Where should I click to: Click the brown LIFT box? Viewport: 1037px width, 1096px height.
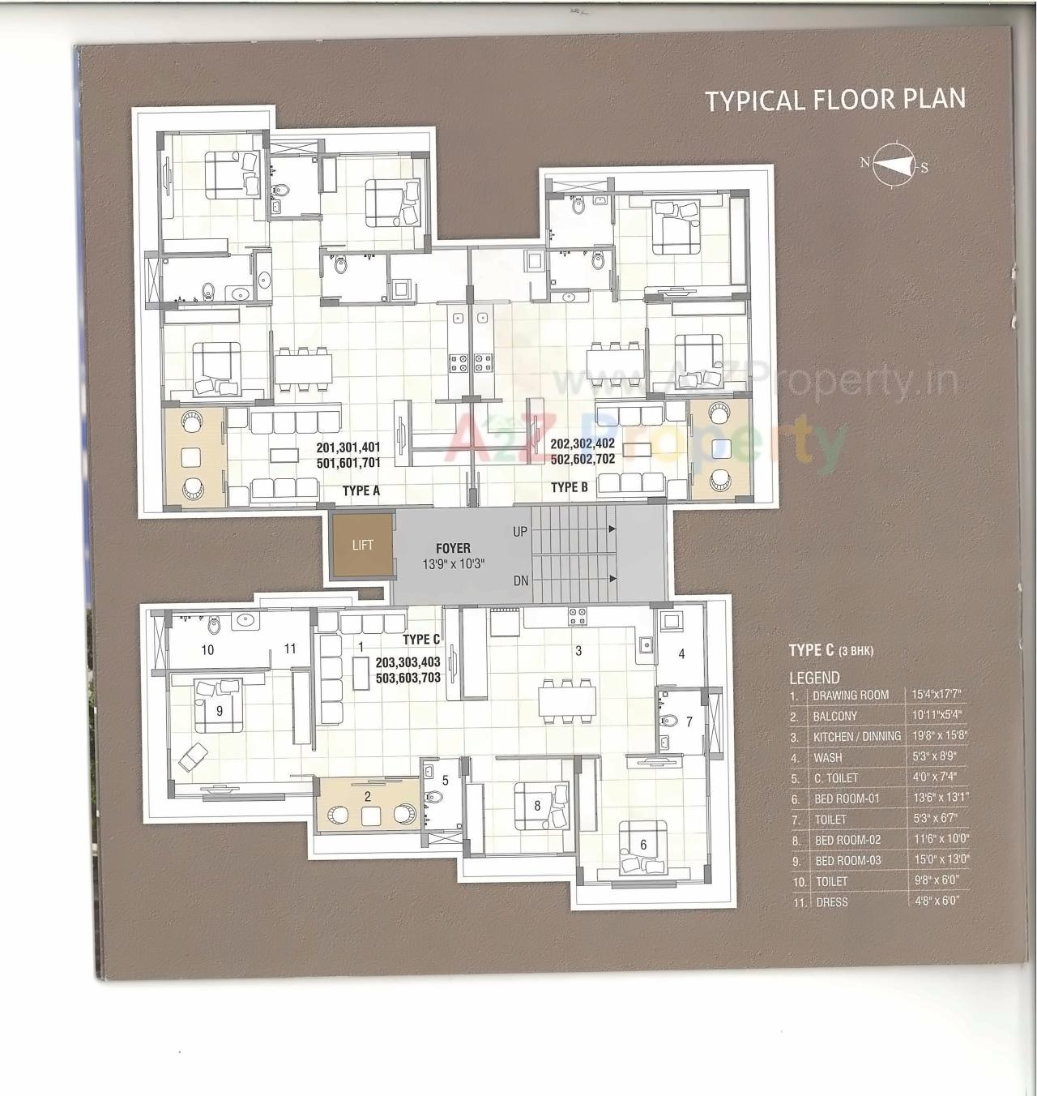(362, 546)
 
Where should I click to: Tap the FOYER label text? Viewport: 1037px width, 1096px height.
(452, 549)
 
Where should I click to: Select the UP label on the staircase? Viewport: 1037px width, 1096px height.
(520, 532)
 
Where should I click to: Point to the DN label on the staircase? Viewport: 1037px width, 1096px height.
(520, 580)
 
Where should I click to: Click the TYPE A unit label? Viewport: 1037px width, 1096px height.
(361, 490)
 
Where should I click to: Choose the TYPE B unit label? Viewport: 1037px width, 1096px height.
(569, 487)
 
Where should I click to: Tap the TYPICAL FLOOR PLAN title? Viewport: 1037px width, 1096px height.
(834, 100)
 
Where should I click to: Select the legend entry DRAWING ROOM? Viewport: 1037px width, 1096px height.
(851, 695)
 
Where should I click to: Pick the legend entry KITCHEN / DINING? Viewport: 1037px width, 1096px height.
(857, 736)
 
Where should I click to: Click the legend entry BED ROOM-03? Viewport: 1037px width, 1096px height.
(847, 860)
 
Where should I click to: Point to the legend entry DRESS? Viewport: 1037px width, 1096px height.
(832, 901)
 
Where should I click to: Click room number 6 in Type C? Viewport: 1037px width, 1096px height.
(643, 845)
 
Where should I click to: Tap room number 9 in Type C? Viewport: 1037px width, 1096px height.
(220, 711)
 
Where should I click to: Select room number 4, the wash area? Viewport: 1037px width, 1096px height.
(681, 653)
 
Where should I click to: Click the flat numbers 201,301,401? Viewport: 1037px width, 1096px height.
(348, 447)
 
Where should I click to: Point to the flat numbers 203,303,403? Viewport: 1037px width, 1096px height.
(408, 662)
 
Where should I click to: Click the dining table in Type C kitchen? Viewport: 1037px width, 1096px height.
(567, 698)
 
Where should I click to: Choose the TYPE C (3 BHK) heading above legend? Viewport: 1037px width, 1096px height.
(830, 650)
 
